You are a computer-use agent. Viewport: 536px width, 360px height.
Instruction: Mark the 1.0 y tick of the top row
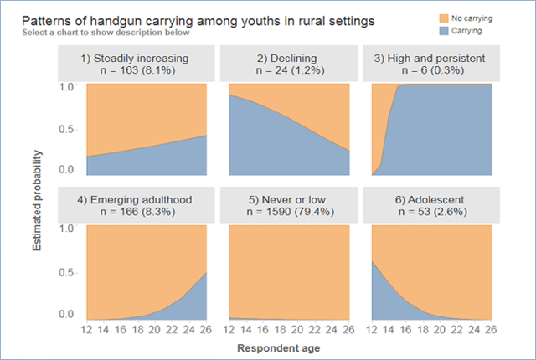pyautogui.click(x=67, y=85)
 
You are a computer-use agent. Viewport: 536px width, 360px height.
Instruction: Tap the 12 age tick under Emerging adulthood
pyautogui.click(x=86, y=329)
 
